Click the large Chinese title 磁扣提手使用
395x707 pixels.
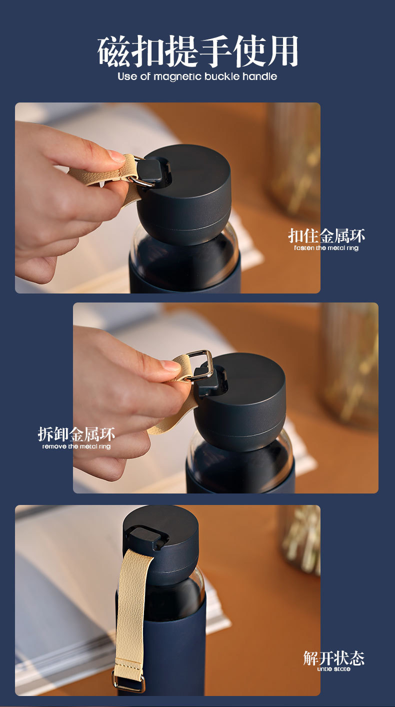[x=197, y=51]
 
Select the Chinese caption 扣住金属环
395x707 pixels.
[x=326, y=236]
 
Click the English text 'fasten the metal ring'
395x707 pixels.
[x=326, y=248]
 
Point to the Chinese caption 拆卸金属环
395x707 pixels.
[x=76, y=434]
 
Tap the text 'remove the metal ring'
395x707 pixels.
[x=76, y=446]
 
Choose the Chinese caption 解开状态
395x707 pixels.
[x=333, y=658]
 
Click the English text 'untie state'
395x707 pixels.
[x=333, y=669]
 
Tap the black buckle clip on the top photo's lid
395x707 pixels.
[x=154, y=172]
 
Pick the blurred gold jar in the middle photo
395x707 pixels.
[x=350, y=363]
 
